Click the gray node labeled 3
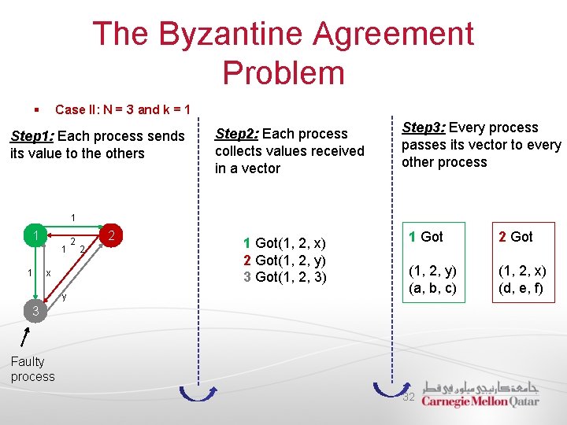(35, 312)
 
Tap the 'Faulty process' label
(33, 369)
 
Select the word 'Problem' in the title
(283, 72)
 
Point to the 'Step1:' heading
(31, 136)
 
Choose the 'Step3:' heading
(423, 128)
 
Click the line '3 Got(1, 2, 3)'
(285, 276)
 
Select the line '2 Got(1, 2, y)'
(285, 261)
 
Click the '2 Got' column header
(515, 236)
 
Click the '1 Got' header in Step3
(425, 236)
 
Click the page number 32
(409, 397)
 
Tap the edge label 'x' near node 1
(48, 273)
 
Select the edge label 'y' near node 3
(64, 297)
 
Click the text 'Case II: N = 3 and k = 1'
(122, 109)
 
